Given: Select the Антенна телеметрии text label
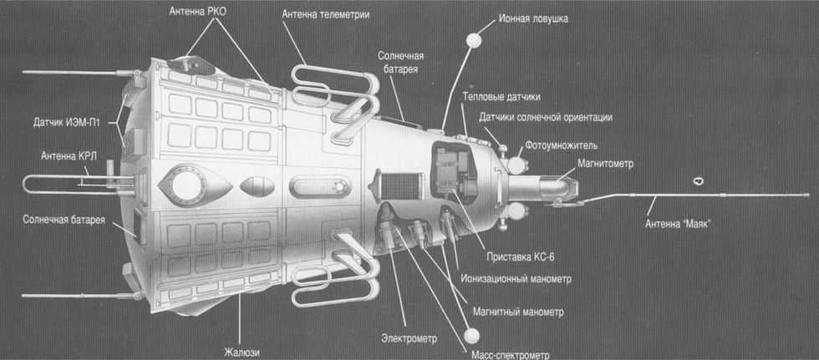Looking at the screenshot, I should click(325, 14).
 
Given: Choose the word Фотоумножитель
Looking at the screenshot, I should click(575, 144).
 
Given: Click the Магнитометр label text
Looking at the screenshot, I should click(605, 164).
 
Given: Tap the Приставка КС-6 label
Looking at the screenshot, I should click(517, 256).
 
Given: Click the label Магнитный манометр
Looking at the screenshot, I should click(518, 312).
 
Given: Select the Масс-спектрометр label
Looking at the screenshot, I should click(518, 352).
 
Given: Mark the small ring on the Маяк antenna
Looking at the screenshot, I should click(698, 180).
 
